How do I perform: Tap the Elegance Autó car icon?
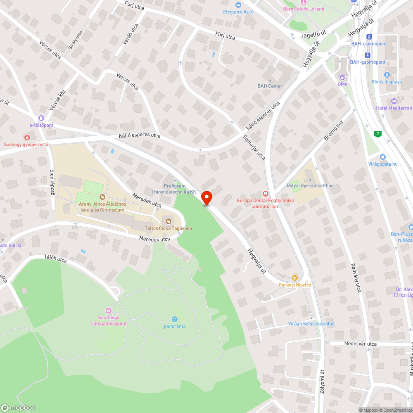pos(238,5)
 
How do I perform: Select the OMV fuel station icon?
pos(342,77)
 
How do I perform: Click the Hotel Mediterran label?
pos(394,108)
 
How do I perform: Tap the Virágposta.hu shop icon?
pos(383,157)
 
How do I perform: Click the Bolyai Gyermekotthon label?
pos(310,186)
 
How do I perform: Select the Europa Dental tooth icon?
pos(266,193)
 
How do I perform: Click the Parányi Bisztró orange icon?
pos(294,278)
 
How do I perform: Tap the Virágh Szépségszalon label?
pos(311,324)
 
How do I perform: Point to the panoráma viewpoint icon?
pos(174,319)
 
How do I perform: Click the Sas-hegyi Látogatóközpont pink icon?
pos(109,311)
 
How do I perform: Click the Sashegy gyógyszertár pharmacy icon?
pos(27,137)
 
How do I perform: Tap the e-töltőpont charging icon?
pos(41,119)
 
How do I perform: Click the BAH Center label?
pos(270,86)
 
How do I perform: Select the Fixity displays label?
pos(387,82)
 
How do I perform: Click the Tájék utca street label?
pos(55,259)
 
